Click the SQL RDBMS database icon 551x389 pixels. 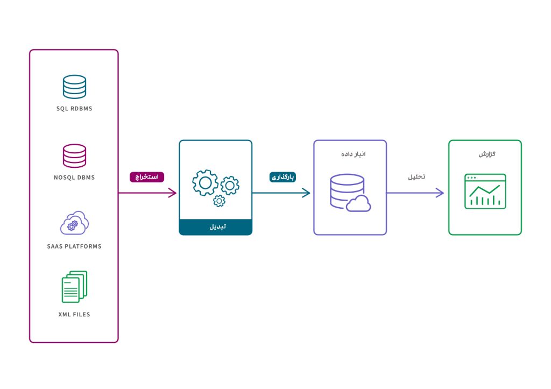click(74, 87)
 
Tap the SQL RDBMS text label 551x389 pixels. click(74, 109)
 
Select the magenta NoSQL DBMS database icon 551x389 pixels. click(74, 156)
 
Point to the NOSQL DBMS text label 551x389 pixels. click(74, 178)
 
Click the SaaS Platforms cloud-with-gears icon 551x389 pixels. click(74, 223)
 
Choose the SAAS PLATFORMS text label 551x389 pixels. click(74, 246)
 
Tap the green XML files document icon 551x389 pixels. click(74, 287)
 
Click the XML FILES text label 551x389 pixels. click(74, 314)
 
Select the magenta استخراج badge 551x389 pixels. click(147, 176)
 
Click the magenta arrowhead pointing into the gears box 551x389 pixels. click(173, 193)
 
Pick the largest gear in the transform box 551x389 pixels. click(205, 183)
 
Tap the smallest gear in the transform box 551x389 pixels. click(219, 201)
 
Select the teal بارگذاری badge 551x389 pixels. click(283, 176)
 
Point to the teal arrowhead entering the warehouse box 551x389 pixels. click(307, 193)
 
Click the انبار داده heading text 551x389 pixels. click(350, 154)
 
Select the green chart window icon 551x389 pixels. click(485, 191)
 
